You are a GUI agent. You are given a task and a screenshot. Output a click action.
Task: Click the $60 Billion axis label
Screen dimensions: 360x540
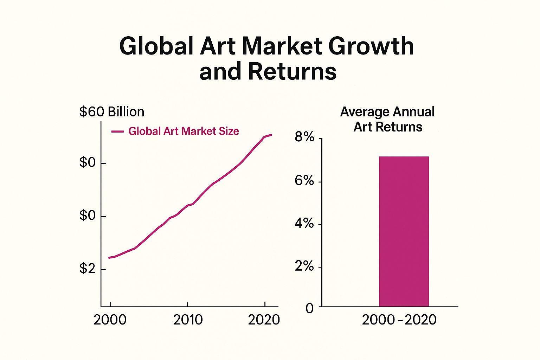coord(112,112)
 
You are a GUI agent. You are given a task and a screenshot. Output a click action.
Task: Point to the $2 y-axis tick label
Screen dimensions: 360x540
coord(88,269)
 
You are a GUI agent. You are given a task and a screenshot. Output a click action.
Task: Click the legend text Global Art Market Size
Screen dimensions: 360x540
coord(184,131)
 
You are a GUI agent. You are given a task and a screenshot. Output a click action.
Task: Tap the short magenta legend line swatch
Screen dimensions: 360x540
coord(117,131)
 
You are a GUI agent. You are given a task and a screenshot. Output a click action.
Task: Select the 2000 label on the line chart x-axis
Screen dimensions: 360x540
coord(110,320)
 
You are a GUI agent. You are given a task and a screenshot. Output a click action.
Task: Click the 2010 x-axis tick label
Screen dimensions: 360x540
coord(188,320)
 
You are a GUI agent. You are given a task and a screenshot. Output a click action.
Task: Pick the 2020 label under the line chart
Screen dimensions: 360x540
coord(264,320)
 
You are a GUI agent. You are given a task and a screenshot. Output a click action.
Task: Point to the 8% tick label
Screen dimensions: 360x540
coord(304,137)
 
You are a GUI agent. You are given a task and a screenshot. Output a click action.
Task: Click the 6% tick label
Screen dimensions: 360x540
coord(304,181)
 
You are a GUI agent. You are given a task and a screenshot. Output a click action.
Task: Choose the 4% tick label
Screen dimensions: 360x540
coord(304,223)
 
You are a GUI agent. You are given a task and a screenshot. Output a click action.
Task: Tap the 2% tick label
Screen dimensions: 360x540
coord(304,266)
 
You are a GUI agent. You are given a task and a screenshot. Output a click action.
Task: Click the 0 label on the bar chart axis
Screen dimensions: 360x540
coord(309,308)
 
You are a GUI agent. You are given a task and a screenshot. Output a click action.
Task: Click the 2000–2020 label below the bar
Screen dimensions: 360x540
coord(399,320)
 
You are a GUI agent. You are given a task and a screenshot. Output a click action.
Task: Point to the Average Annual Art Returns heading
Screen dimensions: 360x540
coord(387,119)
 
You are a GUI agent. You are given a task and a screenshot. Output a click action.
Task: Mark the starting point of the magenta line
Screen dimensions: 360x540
coord(109,258)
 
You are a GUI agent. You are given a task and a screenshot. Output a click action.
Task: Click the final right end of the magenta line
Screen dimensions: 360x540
coord(271,135)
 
